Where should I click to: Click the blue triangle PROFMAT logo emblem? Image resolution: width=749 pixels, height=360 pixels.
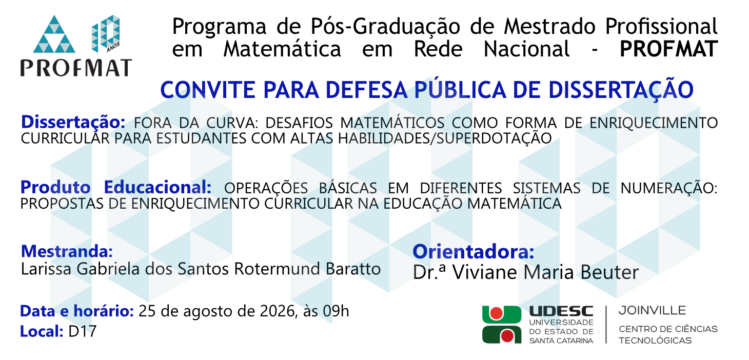54,34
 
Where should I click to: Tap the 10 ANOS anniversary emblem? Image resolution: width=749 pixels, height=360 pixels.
106,34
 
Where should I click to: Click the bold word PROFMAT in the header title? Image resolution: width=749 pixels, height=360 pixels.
669,49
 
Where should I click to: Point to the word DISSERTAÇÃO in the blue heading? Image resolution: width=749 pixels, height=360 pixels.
621,90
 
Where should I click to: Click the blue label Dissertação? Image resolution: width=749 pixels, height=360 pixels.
73,122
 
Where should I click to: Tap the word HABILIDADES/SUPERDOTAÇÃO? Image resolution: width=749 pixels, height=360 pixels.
445,138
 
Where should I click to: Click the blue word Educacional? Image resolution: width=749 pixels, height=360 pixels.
157,187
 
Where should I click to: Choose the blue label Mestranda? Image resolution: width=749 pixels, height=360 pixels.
67,251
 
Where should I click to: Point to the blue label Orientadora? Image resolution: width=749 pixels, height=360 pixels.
473,252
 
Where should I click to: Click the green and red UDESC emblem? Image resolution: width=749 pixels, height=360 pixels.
502,325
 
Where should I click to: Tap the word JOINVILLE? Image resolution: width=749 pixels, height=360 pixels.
653,311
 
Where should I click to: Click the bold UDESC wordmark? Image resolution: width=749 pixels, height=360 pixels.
561,311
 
